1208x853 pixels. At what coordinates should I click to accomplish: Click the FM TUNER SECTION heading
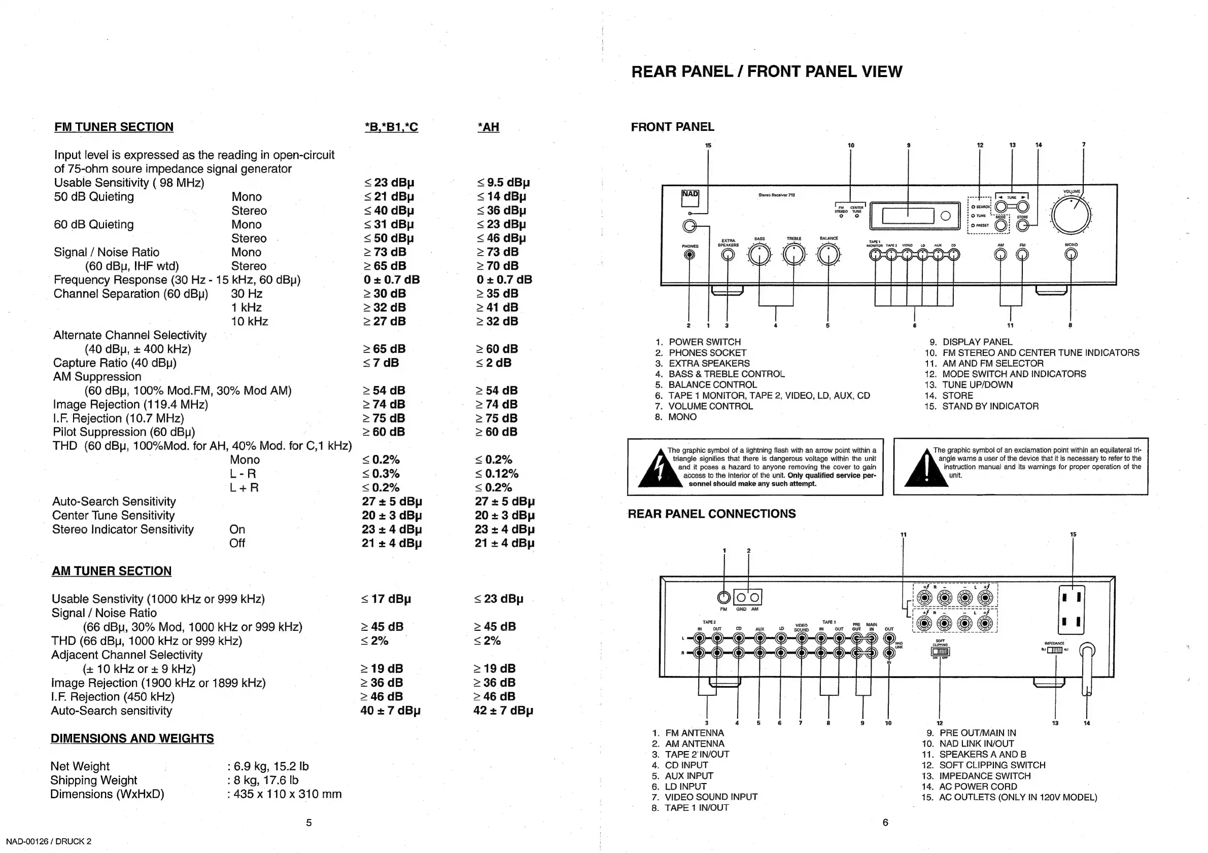pos(114,127)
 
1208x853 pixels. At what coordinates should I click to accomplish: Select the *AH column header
pos(488,127)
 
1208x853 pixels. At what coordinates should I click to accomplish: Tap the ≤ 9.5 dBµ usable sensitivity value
pos(503,183)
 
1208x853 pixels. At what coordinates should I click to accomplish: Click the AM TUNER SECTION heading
pos(112,571)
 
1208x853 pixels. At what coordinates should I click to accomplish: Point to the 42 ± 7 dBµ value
pos(503,710)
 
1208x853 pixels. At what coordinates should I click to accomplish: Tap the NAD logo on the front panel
pos(690,194)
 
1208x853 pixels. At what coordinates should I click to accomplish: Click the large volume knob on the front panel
pos(1071,215)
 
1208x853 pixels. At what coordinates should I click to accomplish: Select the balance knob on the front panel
pos(829,255)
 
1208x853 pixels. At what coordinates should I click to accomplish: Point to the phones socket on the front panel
pos(689,255)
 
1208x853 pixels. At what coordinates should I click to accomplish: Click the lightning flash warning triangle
pos(657,469)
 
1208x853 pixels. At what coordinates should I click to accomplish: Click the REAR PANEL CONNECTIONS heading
pos(711,514)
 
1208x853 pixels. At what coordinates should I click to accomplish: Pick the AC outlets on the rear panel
pos(1071,610)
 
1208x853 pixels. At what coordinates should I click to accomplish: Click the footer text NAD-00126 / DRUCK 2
pos(49,841)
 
